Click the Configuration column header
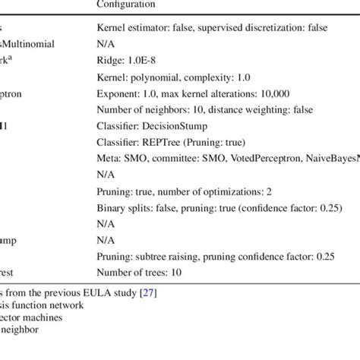126,5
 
